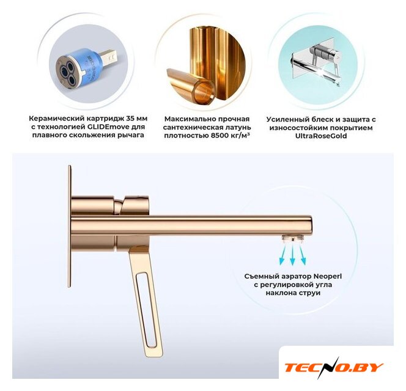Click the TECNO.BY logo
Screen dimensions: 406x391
coord(333,367)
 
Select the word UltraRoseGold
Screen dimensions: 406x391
coord(321,136)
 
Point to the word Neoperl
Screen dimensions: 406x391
coord(328,276)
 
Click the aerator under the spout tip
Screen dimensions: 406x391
coord(293,237)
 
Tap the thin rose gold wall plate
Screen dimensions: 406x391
coord(69,226)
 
